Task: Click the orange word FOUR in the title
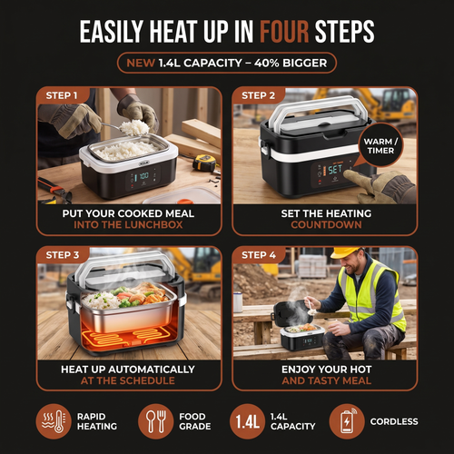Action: coord(284,32)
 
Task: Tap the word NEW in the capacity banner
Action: coord(141,63)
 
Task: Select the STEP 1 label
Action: coord(62,95)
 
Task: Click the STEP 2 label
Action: coord(258,95)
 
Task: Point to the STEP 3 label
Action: coord(63,255)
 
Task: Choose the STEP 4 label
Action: coord(259,255)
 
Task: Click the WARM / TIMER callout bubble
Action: coord(380,145)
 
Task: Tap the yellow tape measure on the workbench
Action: coord(204,163)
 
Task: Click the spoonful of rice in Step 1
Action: coord(134,127)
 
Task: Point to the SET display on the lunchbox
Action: coord(335,170)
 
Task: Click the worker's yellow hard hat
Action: coord(346,252)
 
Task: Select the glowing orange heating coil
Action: coord(127,338)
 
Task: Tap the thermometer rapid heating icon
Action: coord(54,421)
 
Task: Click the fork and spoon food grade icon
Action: coord(155,421)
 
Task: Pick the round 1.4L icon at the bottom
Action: coord(248,421)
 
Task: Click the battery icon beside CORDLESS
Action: coord(347,421)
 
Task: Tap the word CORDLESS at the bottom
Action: coord(394,421)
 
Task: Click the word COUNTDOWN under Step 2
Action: coord(326,224)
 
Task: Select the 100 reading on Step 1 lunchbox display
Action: coord(143,175)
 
